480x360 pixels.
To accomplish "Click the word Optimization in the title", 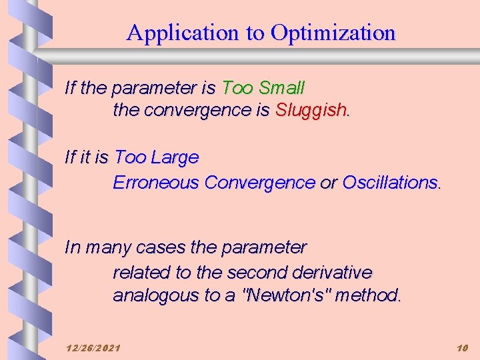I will pos(333,33).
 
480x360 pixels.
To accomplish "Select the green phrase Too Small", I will pos(263,87).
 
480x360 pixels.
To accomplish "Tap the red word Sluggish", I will pos(311,110).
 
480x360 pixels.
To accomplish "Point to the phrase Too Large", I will pos(157,158).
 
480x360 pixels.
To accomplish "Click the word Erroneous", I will pos(157,182).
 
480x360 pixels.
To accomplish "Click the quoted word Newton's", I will pos(287,295).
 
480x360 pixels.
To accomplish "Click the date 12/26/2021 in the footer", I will pos(93,348).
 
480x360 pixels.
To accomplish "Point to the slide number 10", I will pos(463,348).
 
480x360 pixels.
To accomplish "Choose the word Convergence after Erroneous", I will pos(260,182).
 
